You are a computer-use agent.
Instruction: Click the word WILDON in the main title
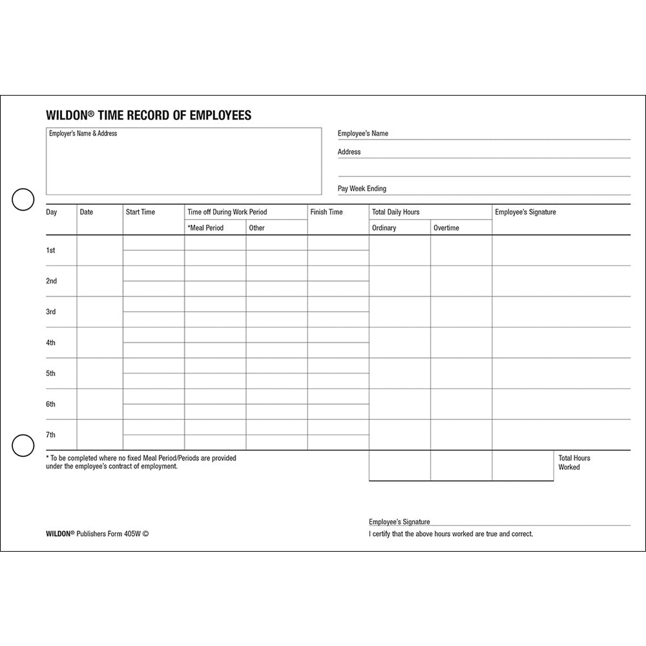67,116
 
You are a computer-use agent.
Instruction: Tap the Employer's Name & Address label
83,134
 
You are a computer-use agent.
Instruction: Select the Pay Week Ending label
362,189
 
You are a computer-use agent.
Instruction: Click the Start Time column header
140,212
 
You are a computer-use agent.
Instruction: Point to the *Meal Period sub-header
205,228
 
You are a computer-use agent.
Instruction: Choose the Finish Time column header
326,212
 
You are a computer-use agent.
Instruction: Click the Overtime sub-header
446,228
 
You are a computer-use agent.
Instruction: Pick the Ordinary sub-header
384,228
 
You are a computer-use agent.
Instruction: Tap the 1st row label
50,250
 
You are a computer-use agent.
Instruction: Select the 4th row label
50,342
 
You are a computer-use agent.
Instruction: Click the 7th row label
50,435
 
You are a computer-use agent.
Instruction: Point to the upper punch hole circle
23,200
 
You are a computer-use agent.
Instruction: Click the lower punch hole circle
23,446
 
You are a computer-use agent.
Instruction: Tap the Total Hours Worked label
574,463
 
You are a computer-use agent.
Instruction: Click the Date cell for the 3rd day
99,311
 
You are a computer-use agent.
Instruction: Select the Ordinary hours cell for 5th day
399,373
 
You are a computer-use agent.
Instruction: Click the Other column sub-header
256,228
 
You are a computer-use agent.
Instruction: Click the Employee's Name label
362,134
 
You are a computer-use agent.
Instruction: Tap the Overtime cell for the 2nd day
461,281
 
